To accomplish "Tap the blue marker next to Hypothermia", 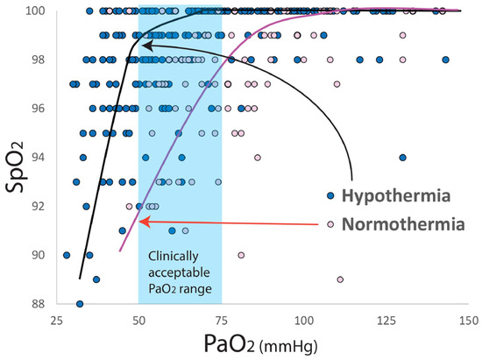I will (330, 194).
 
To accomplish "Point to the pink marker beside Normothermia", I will (330, 224).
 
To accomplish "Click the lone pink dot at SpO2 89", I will (339, 279).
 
